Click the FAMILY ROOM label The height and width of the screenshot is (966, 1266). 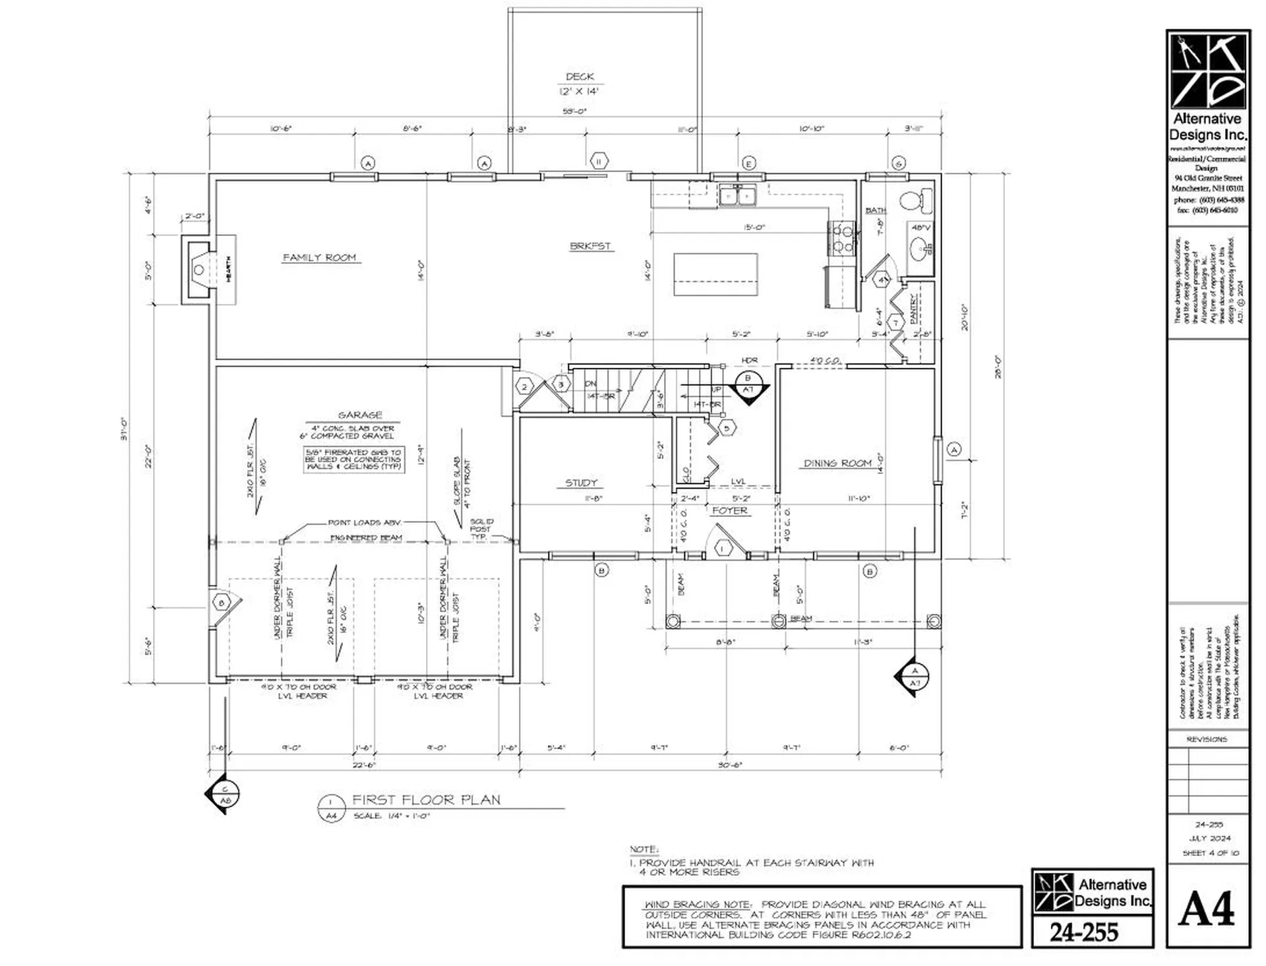(319, 257)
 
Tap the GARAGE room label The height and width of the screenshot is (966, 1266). (360, 415)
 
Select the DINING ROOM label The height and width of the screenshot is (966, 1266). (837, 463)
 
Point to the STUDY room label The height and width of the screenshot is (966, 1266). (581, 483)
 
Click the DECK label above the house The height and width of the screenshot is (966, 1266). (580, 76)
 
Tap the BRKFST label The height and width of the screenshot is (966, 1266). (590, 246)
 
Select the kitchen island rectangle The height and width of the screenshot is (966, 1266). (715, 274)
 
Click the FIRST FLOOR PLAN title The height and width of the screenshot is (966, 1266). (426, 800)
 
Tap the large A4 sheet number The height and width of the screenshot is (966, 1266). (1206, 909)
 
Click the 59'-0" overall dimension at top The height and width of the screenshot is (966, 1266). (574, 111)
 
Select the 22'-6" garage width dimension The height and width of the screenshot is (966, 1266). (363, 765)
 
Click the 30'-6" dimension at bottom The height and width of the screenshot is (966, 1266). (730, 765)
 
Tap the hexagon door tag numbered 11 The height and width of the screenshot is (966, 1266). (599, 161)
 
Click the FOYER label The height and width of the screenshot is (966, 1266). (730, 510)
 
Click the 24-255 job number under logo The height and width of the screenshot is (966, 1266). (1084, 932)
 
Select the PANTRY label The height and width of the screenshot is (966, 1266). (914, 307)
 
